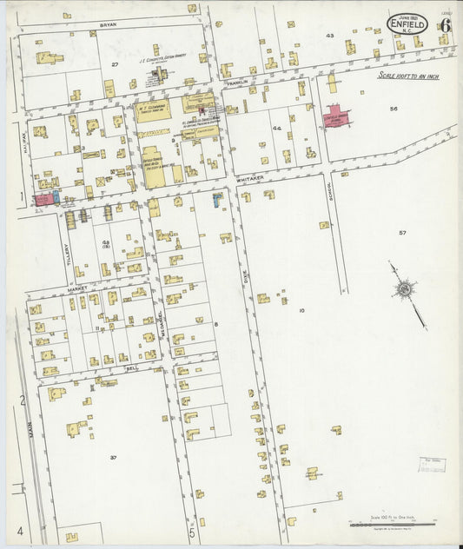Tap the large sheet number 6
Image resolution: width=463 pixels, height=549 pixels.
coord(444,24)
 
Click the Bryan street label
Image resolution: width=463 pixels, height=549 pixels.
coord(108,25)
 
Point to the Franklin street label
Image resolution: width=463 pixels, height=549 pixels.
coord(238,82)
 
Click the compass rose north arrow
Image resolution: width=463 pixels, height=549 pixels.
coord(404,289)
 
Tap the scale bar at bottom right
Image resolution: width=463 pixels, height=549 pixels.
coord(392,524)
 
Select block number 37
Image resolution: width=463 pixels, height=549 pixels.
coord(113,456)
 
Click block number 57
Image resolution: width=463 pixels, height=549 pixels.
coord(402,233)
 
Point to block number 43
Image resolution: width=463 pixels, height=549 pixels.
coord(329,36)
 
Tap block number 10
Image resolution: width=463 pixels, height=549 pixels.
coord(301,310)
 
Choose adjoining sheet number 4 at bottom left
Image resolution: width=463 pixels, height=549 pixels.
coord(17,529)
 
